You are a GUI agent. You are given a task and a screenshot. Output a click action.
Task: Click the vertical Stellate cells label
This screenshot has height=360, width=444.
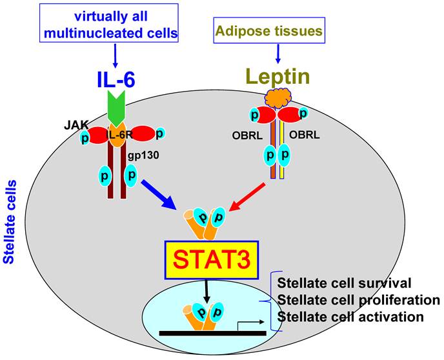point(9,225)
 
